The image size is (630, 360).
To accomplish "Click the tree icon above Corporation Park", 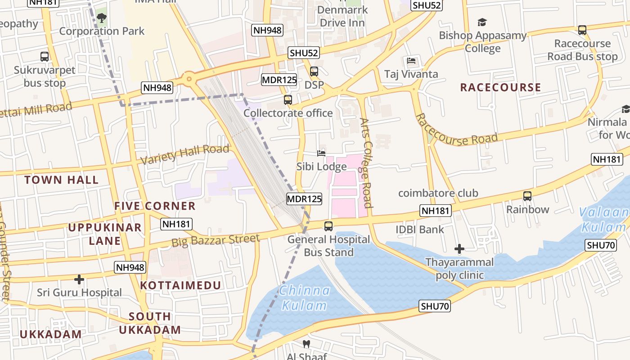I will pyautogui.click(x=102, y=18).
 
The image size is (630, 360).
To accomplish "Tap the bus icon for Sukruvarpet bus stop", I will pyautogui.click(x=44, y=57).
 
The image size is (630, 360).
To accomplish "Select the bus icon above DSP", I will pyautogui.click(x=314, y=72).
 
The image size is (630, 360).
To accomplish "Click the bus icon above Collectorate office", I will pyautogui.click(x=288, y=100).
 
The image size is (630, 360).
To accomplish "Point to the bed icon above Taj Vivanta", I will pyautogui.click(x=411, y=61).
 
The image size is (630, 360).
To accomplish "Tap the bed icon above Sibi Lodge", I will pyautogui.click(x=321, y=153).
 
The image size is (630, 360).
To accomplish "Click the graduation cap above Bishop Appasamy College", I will pyautogui.click(x=482, y=22).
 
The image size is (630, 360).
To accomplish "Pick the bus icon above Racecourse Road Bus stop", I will pyautogui.click(x=582, y=30).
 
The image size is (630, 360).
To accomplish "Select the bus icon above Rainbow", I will pyautogui.click(x=527, y=196).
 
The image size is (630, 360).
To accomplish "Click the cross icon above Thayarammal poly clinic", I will pyautogui.click(x=459, y=249).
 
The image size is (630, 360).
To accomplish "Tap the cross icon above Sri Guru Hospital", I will pyautogui.click(x=79, y=279).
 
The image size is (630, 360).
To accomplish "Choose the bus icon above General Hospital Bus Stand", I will pyautogui.click(x=328, y=226).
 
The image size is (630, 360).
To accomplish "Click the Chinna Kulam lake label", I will pyautogui.click(x=304, y=298).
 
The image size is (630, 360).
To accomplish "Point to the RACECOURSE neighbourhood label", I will pyautogui.click(x=500, y=87).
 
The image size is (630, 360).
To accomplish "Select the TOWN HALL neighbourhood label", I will pyautogui.click(x=61, y=180).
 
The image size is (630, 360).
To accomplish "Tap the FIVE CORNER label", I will pyautogui.click(x=155, y=206).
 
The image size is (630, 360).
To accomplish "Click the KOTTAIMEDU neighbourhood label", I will pyautogui.click(x=180, y=285).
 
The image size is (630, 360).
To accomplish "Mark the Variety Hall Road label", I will pyautogui.click(x=185, y=154).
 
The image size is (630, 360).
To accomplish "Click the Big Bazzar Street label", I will pyautogui.click(x=216, y=241).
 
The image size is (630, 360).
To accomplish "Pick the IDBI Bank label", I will pyautogui.click(x=419, y=229).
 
